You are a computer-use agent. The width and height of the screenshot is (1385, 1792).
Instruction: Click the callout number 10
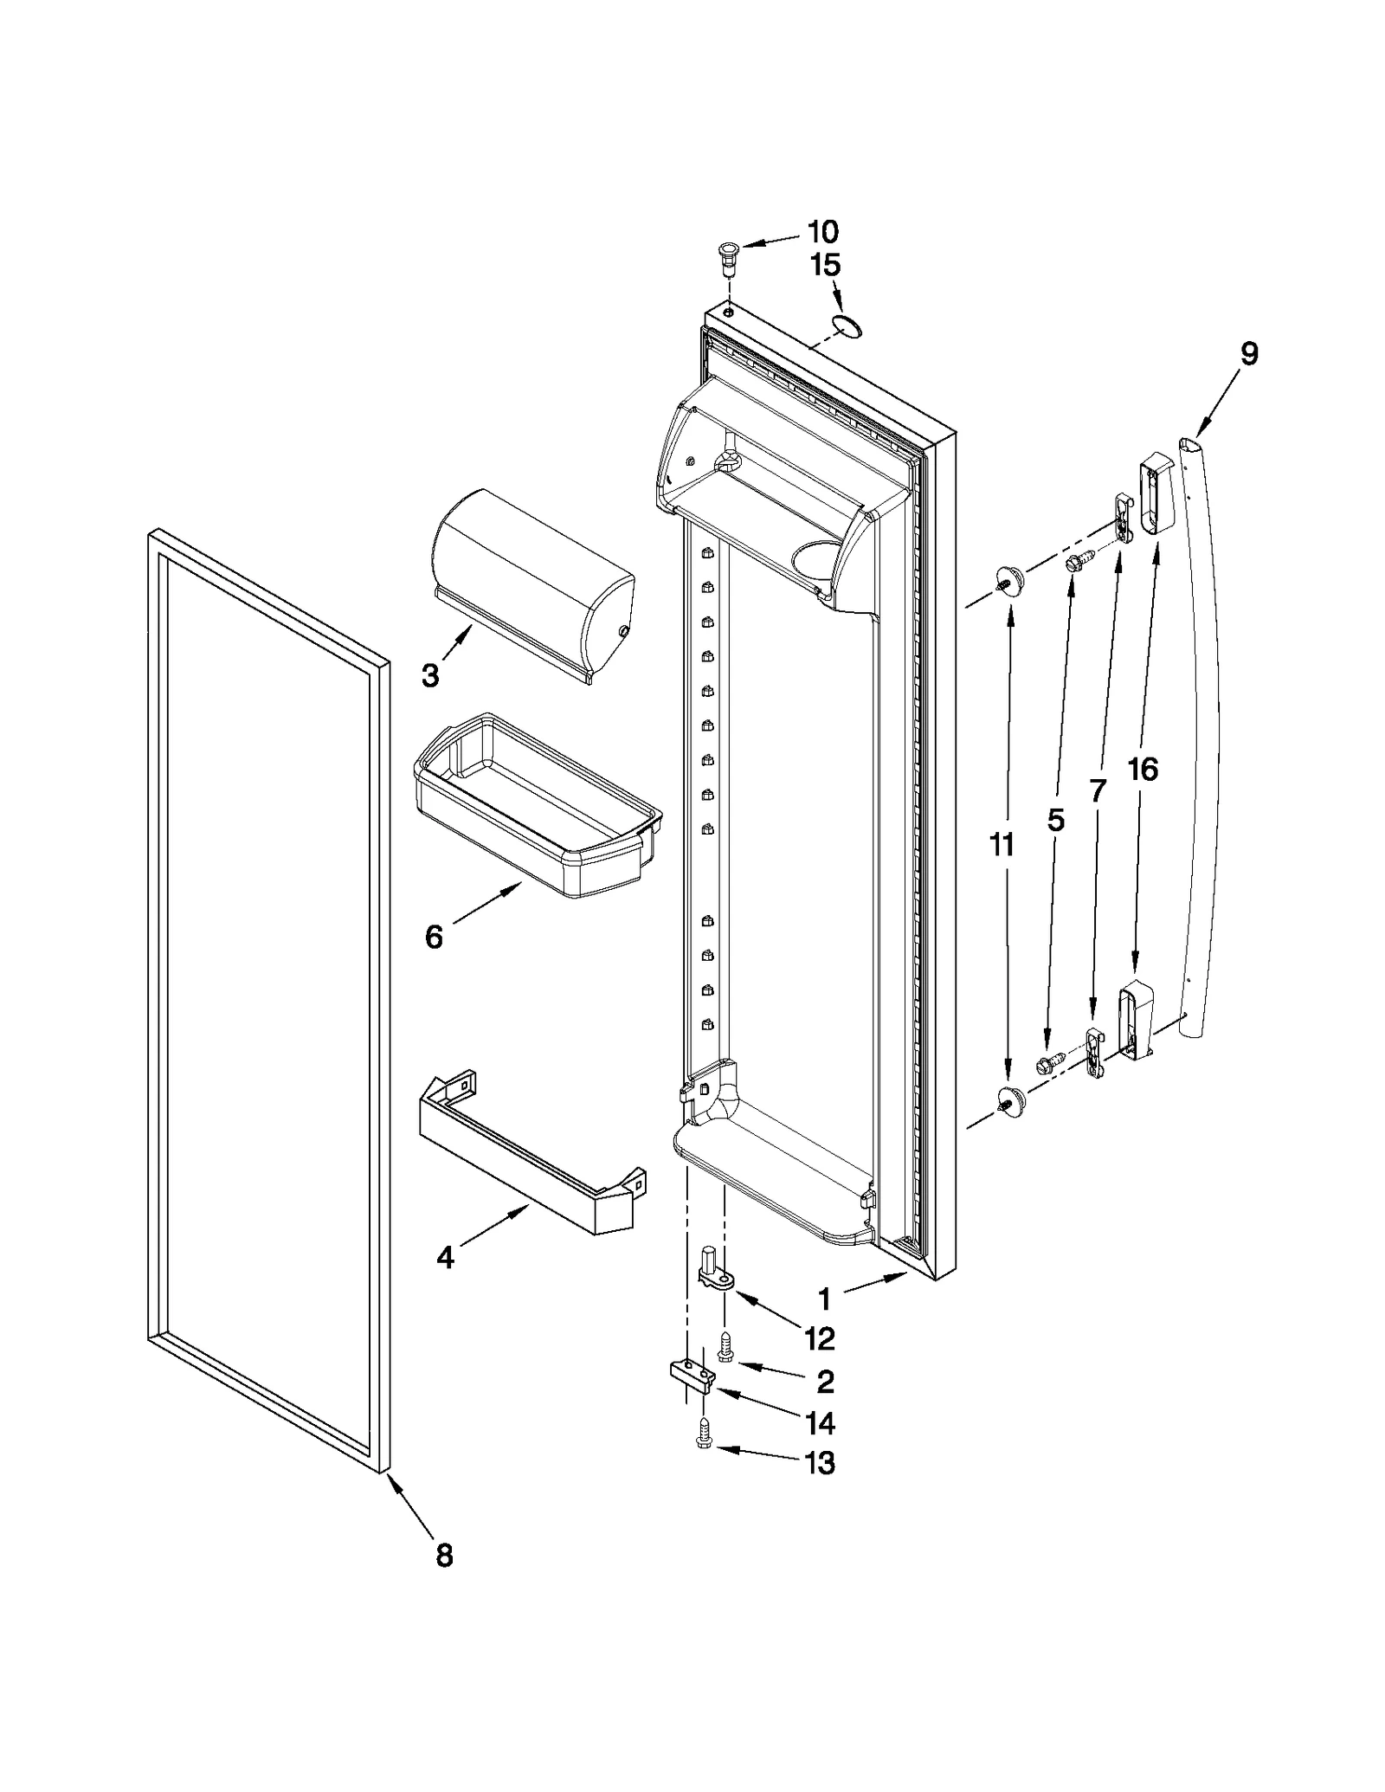pos(822,232)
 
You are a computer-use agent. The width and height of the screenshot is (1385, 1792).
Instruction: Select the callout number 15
pos(825,266)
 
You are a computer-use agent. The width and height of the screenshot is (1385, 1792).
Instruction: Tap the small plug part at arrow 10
pos(727,256)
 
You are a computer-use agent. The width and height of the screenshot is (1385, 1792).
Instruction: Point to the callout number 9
pos(1248,353)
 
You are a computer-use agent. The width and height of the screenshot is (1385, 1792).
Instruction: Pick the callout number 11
pos(1002,844)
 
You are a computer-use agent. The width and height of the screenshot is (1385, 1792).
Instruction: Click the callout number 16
pos(1143,770)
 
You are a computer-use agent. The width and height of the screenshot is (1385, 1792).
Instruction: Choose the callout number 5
pos(1056,820)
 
